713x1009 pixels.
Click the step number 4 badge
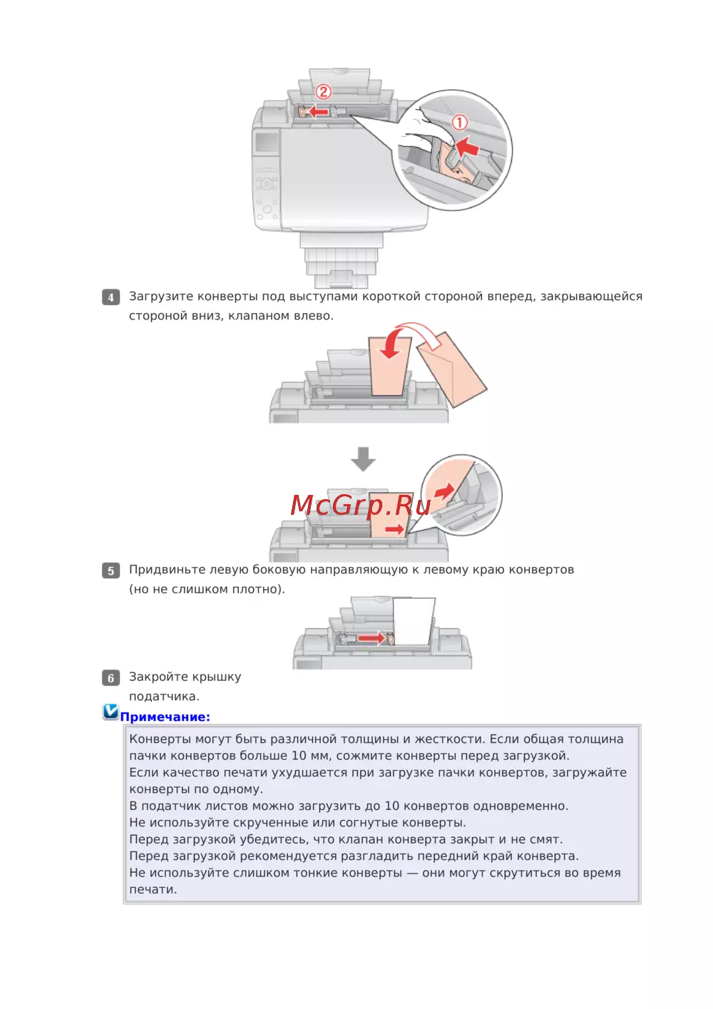click(111, 297)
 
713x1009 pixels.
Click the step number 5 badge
click(111, 570)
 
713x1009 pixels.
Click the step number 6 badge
click(111, 678)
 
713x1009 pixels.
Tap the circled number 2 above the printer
click(323, 92)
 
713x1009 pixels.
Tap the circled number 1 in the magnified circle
click(459, 123)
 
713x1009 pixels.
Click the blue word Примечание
click(165, 717)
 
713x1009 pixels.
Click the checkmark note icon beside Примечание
click(111, 712)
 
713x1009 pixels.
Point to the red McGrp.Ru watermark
click(361, 505)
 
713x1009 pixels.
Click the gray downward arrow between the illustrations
click(363, 459)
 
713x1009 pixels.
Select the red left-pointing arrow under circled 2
click(319, 111)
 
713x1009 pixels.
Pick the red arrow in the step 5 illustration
click(372, 637)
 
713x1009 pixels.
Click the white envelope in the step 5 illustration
click(414, 622)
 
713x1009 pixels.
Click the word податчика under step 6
click(164, 697)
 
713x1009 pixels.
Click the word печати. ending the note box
click(153, 890)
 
